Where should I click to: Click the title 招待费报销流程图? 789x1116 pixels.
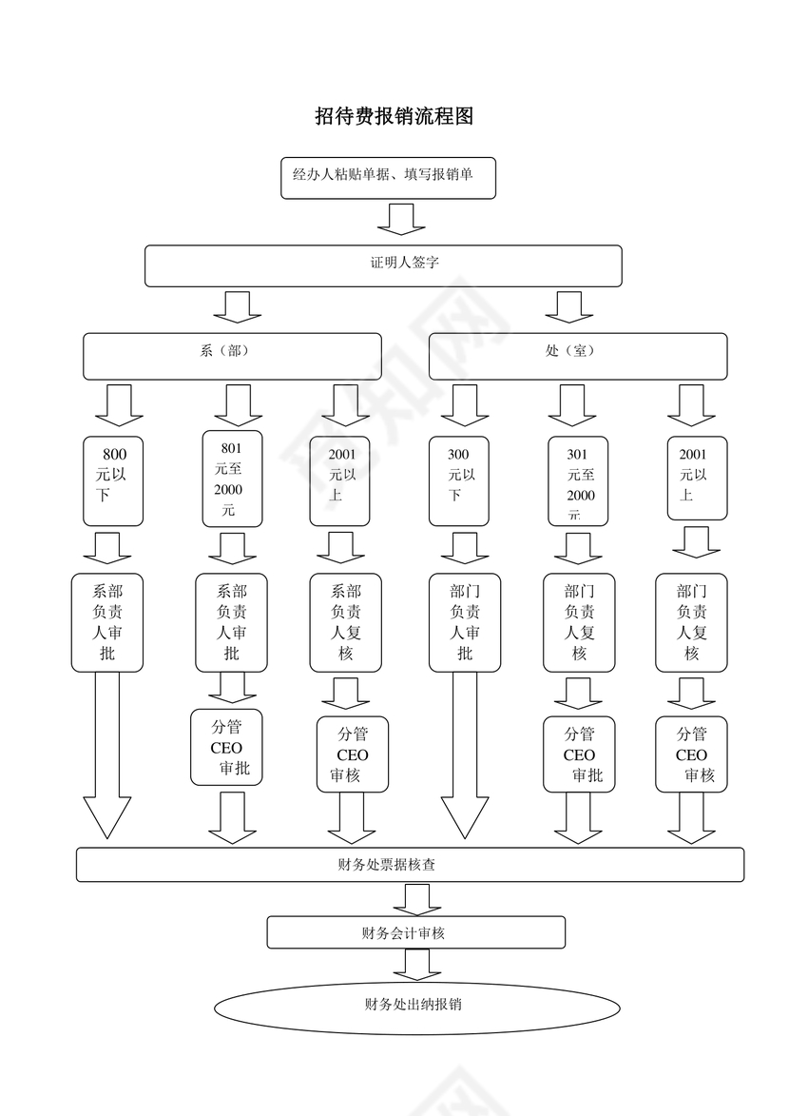click(394, 117)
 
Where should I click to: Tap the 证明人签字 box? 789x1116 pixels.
click(383, 265)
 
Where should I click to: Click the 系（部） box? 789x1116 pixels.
click(232, 356)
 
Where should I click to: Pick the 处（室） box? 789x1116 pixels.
click(577, 356)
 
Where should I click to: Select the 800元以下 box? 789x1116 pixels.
click(113, 480)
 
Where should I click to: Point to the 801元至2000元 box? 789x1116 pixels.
click(232, 479)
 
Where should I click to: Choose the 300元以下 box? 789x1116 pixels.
click(459, 480)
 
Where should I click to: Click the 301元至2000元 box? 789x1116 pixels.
click(579, 480)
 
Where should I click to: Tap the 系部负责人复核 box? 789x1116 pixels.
click(346, 622)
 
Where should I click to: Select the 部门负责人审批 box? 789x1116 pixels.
click(465, 622)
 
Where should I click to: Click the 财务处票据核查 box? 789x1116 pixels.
click(410, 865)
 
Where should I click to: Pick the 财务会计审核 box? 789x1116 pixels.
click(415, 932)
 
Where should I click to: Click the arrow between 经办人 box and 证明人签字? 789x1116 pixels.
click(400, 218)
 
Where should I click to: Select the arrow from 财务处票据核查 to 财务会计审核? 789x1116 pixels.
click(416, 899)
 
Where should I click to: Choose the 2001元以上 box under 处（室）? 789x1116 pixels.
click(698, 478)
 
